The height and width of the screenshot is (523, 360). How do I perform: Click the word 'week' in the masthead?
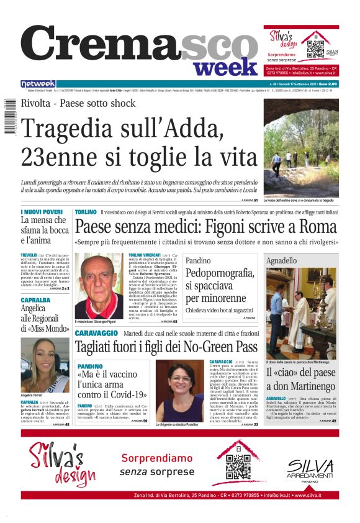coord(224,65)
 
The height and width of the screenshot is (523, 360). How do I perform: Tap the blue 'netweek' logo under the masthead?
coord(38,84)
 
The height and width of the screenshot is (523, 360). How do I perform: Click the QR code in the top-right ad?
coord(315,47)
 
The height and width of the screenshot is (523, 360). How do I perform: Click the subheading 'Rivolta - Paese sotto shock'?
coord(78,104)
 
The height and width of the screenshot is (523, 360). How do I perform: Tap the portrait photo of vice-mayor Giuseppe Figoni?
coord(98,286)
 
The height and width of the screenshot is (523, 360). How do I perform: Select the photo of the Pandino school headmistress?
coord(179,389)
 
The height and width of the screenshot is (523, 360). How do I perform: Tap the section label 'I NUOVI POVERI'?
coord(42,212)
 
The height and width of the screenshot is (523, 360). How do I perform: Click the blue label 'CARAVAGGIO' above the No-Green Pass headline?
coord(96,334)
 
